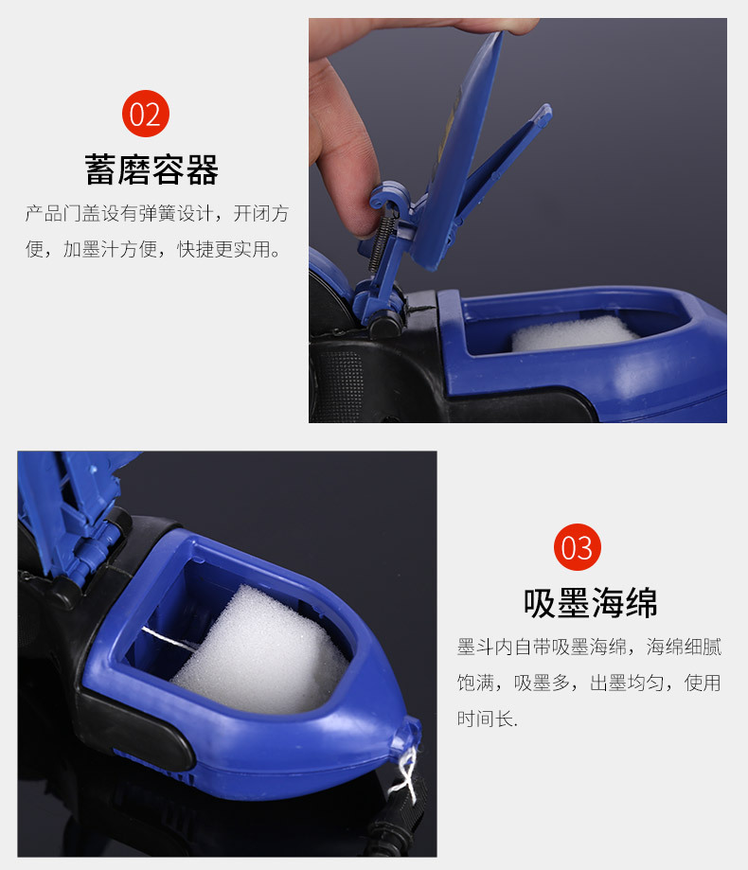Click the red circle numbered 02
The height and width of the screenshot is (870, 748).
pyautogui.click(x=146, y=114)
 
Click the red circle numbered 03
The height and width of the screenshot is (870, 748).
pyautogui.click(x=577, y=547)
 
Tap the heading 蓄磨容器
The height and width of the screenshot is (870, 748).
pyautogui.click(x=151, y=169)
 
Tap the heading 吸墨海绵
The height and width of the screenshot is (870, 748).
pyautogui.click(x=591, y=603)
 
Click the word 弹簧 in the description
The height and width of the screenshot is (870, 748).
pyautogui.click(x=158, y=213)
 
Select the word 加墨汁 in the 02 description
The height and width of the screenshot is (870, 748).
pyautogui.click(x=91, y=249)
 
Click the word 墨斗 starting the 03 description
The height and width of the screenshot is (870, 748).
pyautogui.click(x=475, y=647)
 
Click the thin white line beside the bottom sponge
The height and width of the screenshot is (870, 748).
pyautogui.click(x=169, y=640)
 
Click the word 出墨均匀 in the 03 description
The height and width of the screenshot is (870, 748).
pyautogui.click(x=627, y=683)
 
